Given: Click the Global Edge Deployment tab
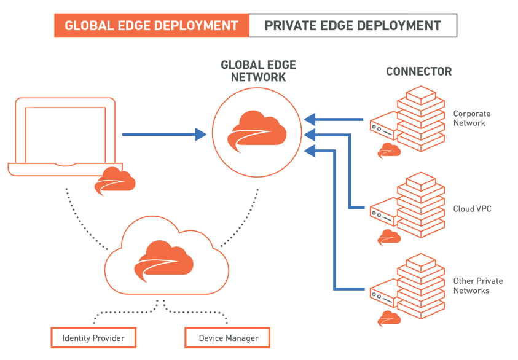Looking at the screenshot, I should pyautogui.click(x=151, y=26).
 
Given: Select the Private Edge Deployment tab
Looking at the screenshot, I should pyautogui.click(x=353, y=26).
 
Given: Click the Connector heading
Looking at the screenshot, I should pyautogui.click(x=418, y=72).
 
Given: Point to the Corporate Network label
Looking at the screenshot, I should pyautogui.click(x=471, y=118).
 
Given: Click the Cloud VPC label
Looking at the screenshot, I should pyautogui.click(x=472, y=209).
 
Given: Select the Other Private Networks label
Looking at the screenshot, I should pyautogui.click(x=477, y=286).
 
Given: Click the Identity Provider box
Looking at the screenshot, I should pyautogui.click(x=93, y=338).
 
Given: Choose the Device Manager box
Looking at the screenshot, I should pyautogui.click(x=228, y=338).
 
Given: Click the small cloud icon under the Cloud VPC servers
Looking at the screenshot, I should pyautogui.click(x=389, y=237).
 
